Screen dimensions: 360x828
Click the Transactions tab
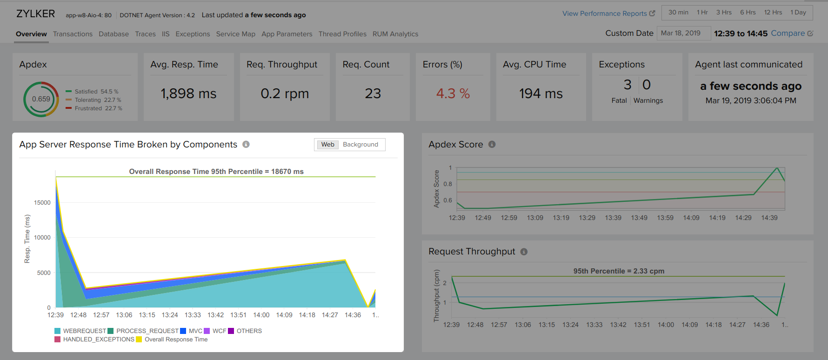click(x=73, y=34)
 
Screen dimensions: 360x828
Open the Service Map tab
click(x=235, y=34)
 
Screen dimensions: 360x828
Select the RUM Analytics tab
click(x=395, y=34)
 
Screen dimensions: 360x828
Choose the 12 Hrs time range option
click(x=773, y=13)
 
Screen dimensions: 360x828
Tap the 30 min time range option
click(x=678, y=13)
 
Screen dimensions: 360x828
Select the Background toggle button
click(x=360, y=145)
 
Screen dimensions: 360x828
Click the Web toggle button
click(x=327, y=145)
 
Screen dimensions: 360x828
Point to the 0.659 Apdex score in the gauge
click(x=41, y=99)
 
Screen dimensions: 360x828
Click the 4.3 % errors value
click(x=453, y=93)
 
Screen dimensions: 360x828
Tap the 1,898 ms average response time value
click(x=188, y=93)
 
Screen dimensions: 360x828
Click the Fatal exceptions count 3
click(x=628, y=85)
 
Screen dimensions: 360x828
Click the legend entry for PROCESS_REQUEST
click(x=147, y=331)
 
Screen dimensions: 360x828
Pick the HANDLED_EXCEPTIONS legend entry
click(x=98, y=340)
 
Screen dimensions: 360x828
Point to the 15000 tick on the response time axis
click(x=42, y=203)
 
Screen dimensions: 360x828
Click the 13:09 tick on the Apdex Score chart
click(x=535, y=218)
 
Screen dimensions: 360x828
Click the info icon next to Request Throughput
click(x=524, y=252)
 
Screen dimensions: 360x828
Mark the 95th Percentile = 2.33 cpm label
click(x=619, y=271)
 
